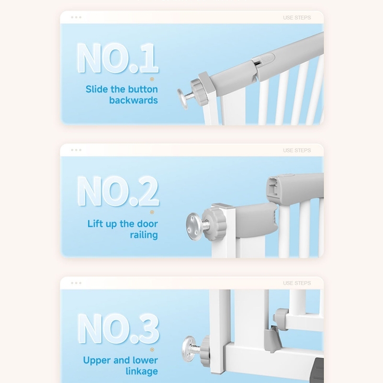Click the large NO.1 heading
(118, 58)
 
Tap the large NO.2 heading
(118, 191)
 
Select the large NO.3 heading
(118, 328)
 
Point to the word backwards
(134, 100)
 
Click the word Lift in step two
(95, 224)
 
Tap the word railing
(144, 235)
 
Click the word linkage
(142, 372)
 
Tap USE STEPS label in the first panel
(297, 18)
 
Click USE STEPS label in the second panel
(297, 150)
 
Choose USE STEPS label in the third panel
(297, 283)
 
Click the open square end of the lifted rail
(274, 187)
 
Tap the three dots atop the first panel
(76, 17)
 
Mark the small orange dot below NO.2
(152, 212)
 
